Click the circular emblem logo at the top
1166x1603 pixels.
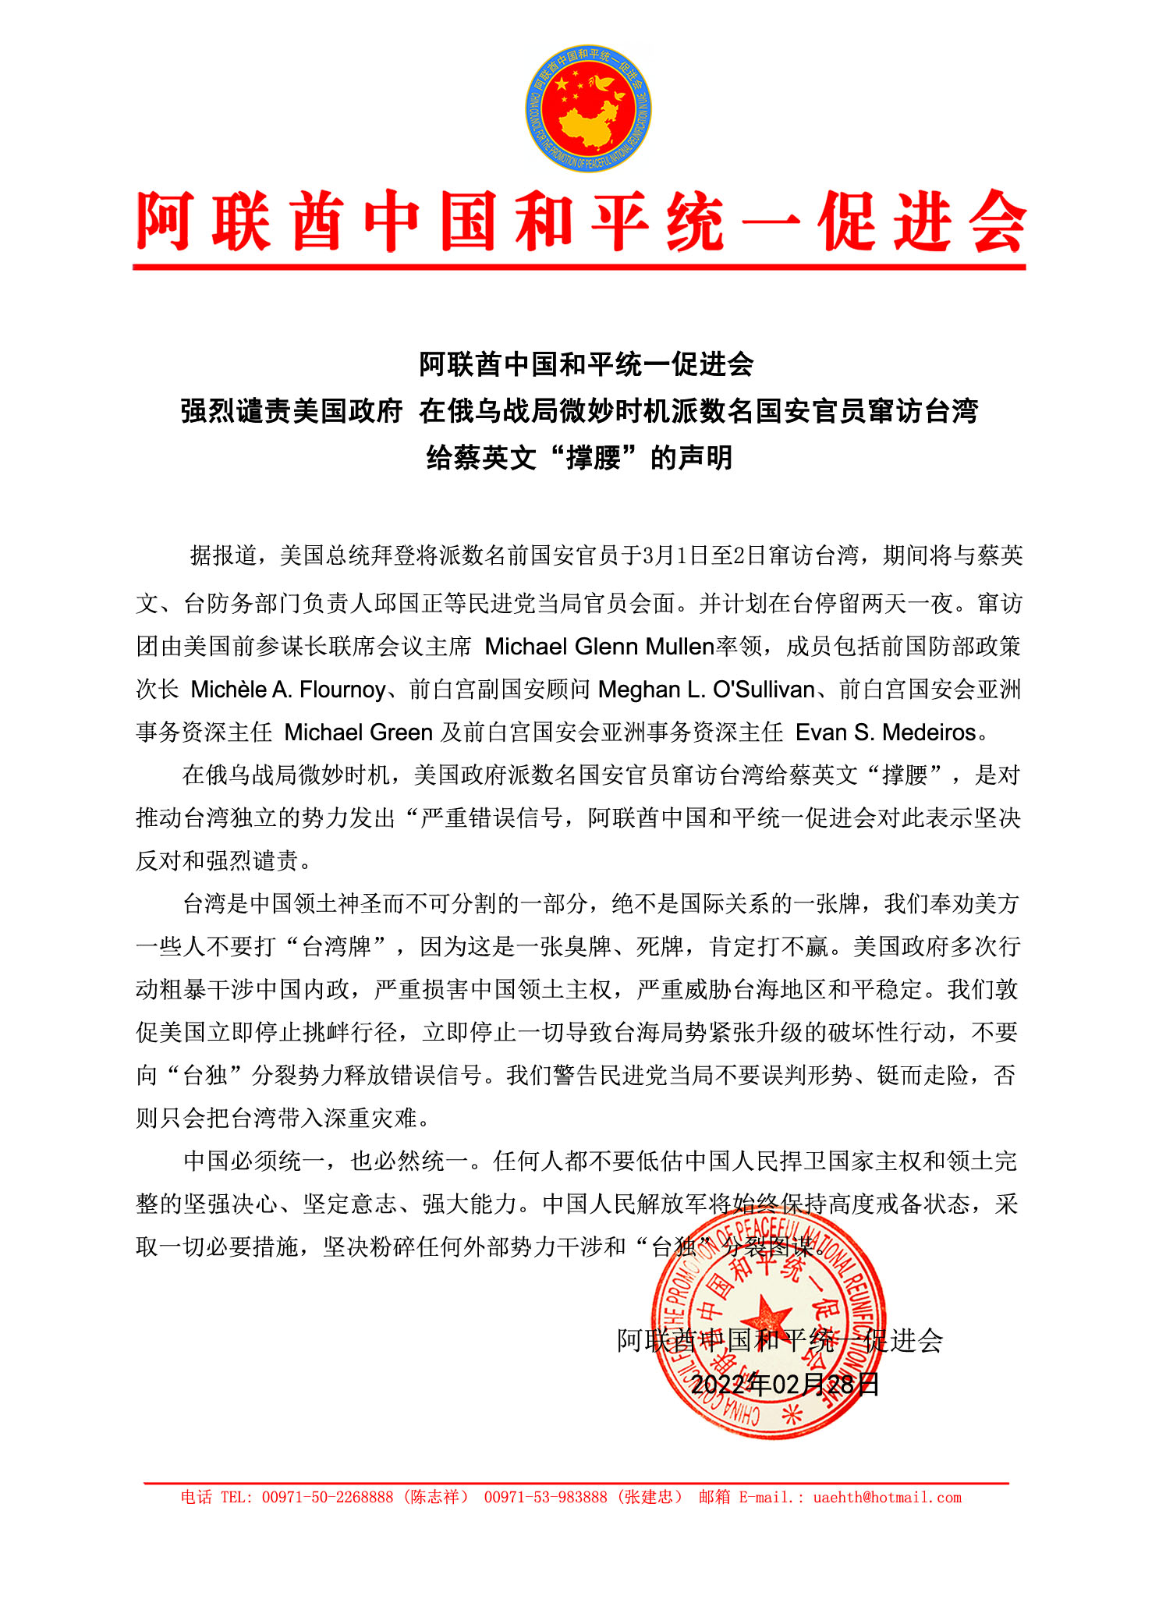(588, 108)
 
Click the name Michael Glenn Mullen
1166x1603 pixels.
(600, 647)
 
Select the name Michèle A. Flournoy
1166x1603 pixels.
(289, 690)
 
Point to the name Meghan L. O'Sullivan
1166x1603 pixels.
(707, 690)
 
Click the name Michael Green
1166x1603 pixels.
(358, 732)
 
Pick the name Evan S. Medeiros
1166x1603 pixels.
(886, 732)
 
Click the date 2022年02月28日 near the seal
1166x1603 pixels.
(785, 1385)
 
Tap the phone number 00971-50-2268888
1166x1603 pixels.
(328, 1497)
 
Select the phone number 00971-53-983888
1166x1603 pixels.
(545, 1497)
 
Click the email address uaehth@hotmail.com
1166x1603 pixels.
(887, 1497)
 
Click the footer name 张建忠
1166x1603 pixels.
(653, 1497)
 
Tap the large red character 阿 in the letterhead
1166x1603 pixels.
(165, 222)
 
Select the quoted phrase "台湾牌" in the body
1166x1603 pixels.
(337, 947)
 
